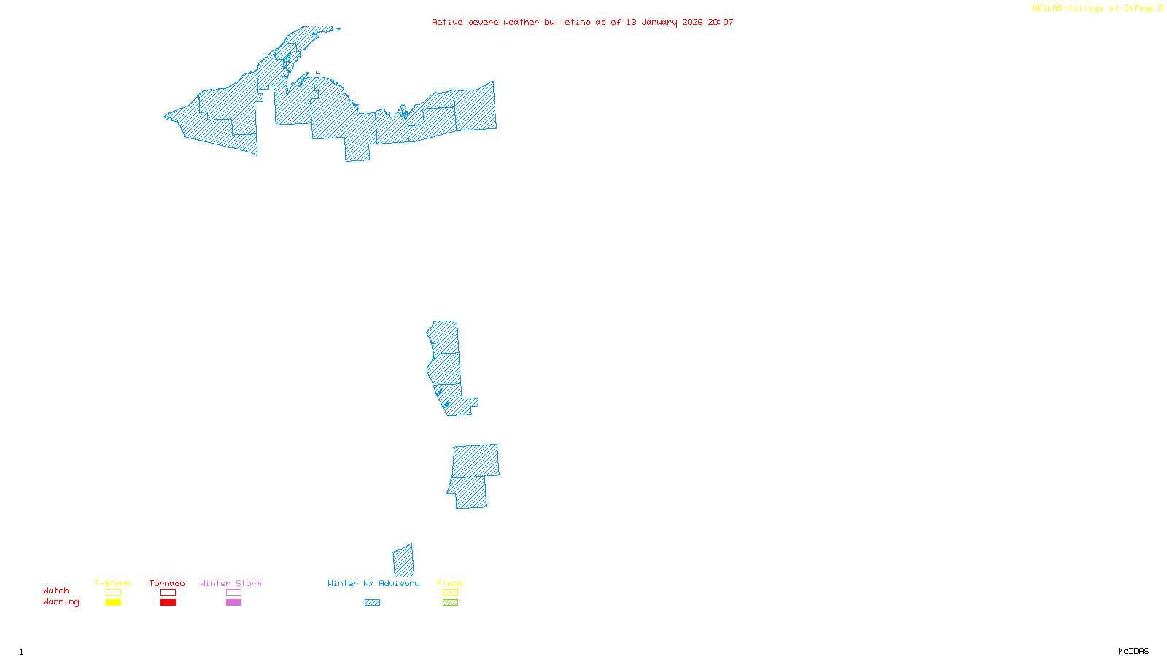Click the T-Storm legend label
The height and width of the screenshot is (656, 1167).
(112, 583)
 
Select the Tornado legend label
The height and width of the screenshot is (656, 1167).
(167, 583)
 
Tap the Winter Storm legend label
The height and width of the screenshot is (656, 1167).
(230, 583)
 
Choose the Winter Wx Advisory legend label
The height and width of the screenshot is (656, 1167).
(373, 583)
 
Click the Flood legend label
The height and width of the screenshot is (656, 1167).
(450, 583)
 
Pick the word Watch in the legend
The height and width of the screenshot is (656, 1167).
(56, 590)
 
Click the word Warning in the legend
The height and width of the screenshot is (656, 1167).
(61, 602)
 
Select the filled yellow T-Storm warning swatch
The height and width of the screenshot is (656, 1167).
(113, 603)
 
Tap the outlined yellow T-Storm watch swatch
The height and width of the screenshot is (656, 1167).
(113, 593)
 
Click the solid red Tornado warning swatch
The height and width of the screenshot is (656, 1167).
(168, 603)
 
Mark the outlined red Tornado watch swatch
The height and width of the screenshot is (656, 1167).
(168, 593)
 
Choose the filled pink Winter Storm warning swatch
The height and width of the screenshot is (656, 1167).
(233, 603)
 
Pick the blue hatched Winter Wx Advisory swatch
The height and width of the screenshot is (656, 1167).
(372, 603)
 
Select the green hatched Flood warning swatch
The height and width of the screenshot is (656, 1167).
(451, 603)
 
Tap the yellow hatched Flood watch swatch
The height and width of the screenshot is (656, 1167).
(451, 593)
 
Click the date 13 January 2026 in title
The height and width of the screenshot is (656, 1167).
(664, 22)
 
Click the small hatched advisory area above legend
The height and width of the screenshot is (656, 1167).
(403, 561)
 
